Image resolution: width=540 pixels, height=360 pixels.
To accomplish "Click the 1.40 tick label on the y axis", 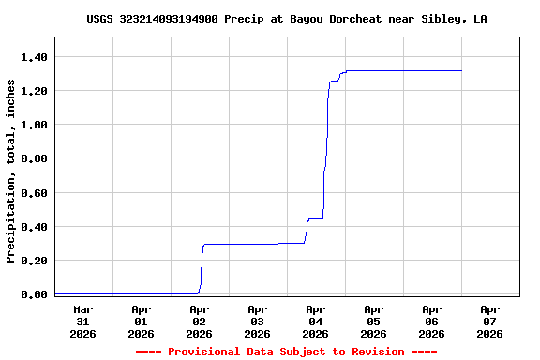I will [x=34, y=57].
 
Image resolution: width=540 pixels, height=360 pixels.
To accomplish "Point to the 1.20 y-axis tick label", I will [x=34, y=91].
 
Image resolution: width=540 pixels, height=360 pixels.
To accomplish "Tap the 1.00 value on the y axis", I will [x=34, y=125].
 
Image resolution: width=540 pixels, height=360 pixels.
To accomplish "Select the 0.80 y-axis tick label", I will [x=34, y=158].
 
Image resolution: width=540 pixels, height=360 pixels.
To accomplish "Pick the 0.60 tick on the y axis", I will [x=34, y=193].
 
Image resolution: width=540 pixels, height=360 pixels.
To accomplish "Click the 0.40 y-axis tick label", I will [x=34, y=227].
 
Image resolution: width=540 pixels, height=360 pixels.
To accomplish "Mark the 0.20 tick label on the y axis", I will [x=34, y=261].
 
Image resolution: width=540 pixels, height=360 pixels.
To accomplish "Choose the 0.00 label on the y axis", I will [x=34, y=294].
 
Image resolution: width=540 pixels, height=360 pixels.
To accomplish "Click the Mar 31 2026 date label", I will [x=82, y=321].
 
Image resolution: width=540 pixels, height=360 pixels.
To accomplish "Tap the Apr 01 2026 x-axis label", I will [x=141, y=321].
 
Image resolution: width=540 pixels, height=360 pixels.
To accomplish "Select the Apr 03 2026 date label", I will [x=257, y=321].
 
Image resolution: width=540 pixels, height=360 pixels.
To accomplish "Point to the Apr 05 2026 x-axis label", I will [x=373, y=321].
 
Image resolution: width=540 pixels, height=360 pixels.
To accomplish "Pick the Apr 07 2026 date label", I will [x=489, y=321].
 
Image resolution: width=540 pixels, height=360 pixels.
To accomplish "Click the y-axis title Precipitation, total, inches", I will [x=11, y=171].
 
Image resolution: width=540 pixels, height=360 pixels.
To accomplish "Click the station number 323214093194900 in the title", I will [x=169, y=19].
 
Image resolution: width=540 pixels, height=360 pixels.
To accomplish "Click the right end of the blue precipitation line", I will [x=461, y=70].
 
